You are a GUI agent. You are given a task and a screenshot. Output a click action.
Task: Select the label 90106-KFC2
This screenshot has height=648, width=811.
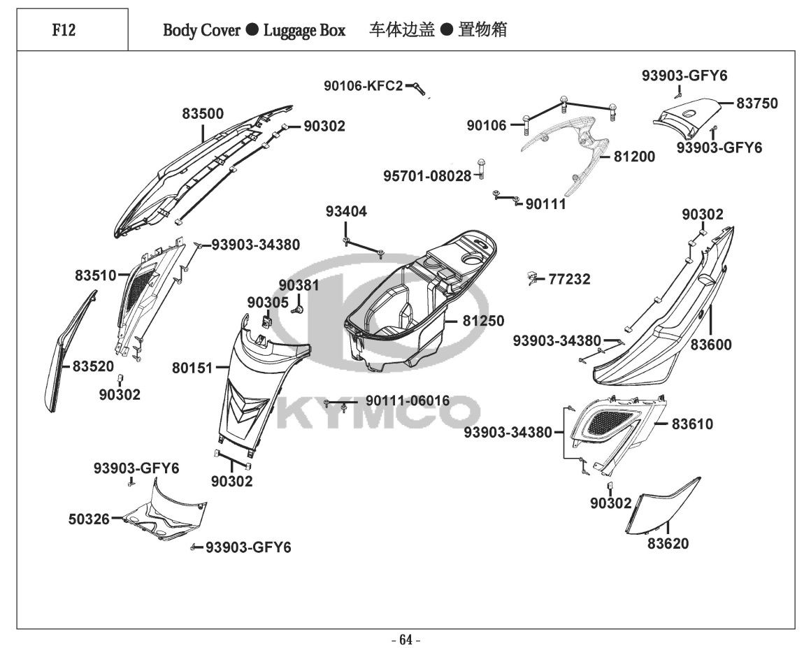click(363, 86)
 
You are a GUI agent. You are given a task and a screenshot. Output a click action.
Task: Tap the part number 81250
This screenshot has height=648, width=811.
click(482, 322)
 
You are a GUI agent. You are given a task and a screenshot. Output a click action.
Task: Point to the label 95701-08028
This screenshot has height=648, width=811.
click(427, 175)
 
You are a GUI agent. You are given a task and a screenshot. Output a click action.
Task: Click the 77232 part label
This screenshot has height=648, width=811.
click(569, 280)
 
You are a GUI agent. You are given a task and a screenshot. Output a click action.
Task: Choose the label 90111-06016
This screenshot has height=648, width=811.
click(408, 401)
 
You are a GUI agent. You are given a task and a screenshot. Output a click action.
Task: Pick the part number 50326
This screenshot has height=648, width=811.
click(89, 519)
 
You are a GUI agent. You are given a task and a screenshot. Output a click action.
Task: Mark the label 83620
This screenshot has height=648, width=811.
click(667, 543)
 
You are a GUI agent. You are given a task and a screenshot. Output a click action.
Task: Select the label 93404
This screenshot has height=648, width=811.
click(345, 212)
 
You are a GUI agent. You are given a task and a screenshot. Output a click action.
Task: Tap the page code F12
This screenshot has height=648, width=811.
click(64, 30)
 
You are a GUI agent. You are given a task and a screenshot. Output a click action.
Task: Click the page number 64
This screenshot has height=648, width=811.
click(405, 639)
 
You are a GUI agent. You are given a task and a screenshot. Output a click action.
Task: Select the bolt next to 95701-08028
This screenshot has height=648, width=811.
click(481, 166)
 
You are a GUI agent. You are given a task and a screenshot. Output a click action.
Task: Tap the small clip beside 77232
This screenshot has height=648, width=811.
click(533, 280)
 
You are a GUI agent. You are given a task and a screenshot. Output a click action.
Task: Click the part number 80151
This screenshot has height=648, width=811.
click(192, 366)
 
